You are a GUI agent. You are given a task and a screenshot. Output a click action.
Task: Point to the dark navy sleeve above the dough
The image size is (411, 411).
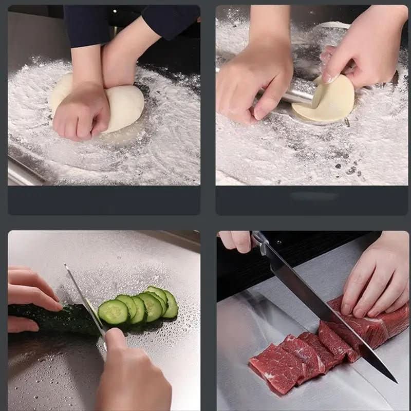point(170,21)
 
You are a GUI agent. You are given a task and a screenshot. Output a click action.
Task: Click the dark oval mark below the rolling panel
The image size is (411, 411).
point(314,196)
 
